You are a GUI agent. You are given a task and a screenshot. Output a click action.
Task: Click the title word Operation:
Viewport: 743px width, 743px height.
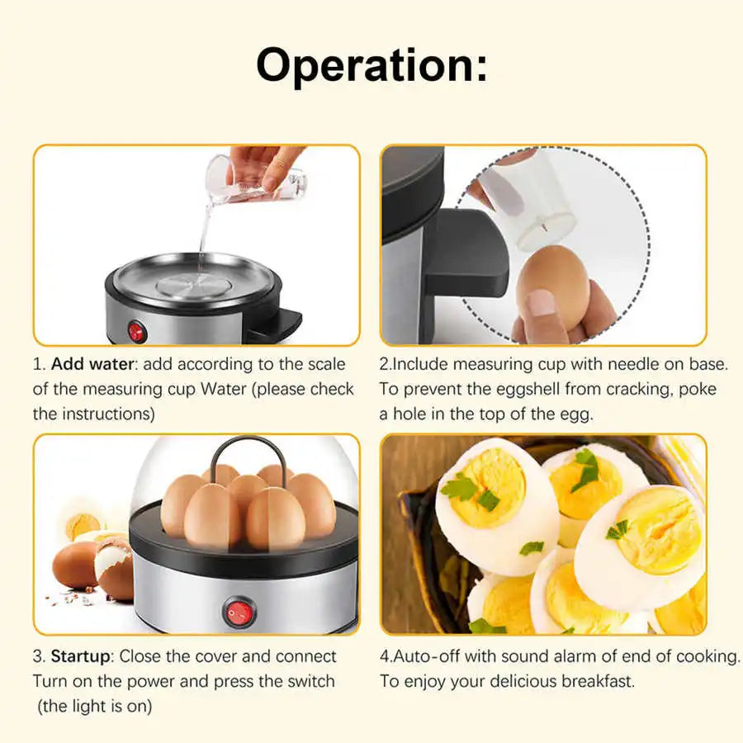(371, 65)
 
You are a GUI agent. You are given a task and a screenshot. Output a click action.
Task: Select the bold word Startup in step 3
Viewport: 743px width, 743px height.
(80, 657)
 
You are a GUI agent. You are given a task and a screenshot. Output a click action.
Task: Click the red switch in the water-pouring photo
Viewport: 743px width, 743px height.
(136, 332)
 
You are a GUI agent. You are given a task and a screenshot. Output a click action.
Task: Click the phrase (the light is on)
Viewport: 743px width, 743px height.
(94, 707)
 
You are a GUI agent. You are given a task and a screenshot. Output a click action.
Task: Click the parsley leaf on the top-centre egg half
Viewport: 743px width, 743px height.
(587, 468)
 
